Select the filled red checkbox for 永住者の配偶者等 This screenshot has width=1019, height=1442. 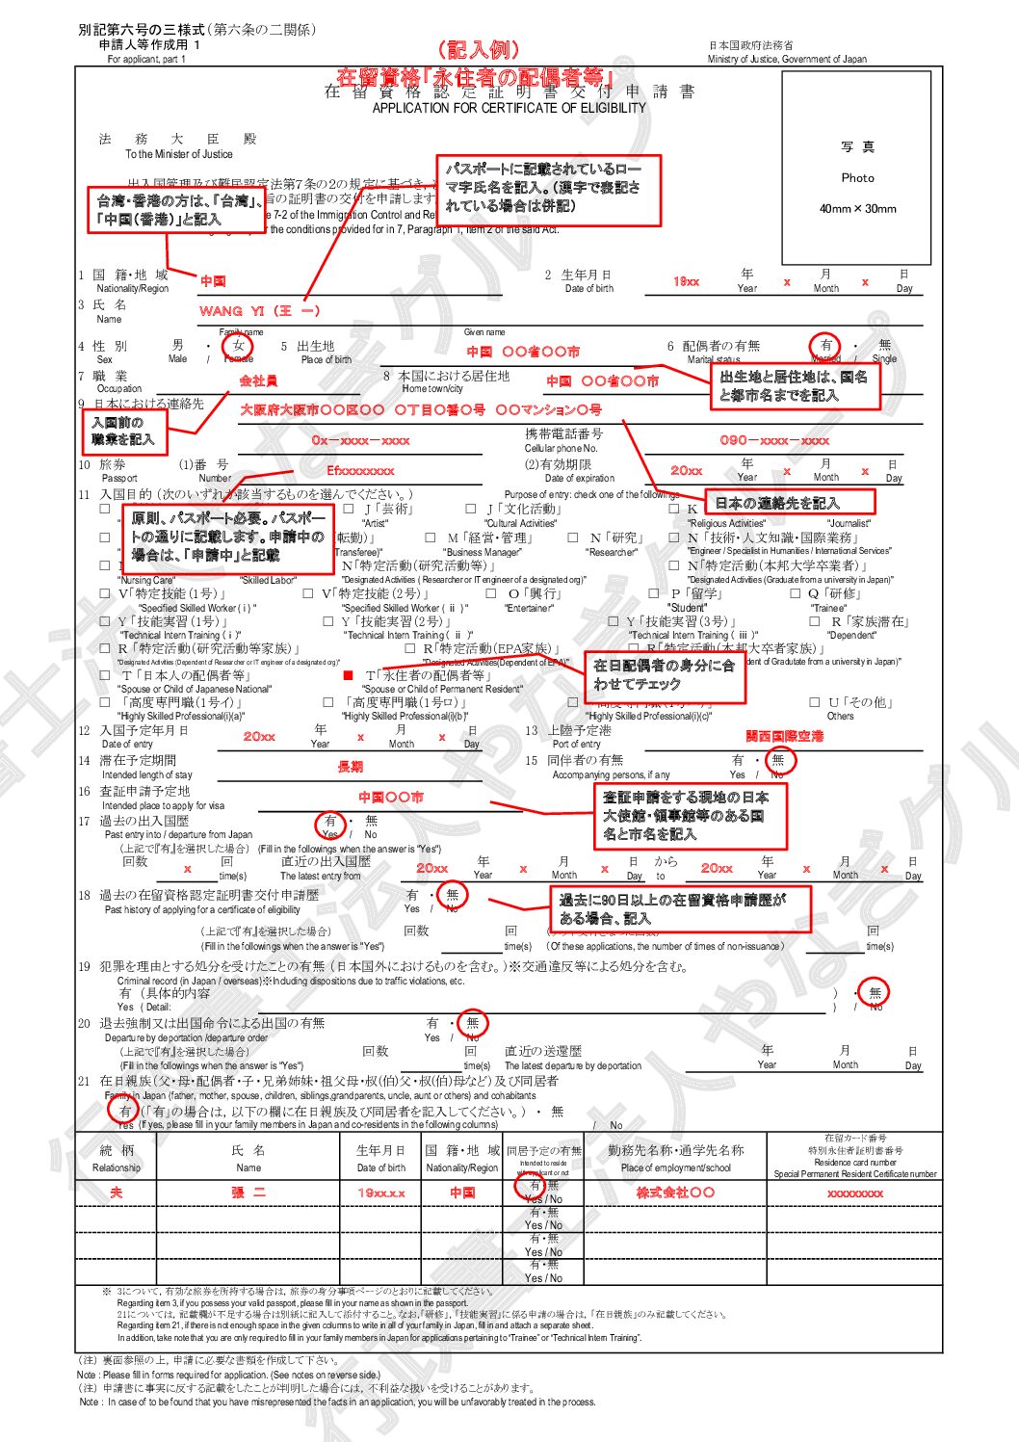(x=349, y=675)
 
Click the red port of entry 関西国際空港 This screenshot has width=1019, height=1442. (x=784, y=736)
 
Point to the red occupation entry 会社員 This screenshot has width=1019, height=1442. (x=258, y=381)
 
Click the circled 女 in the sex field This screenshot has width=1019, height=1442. (x=238, y=346)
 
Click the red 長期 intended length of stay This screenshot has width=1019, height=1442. (x=350, y=767)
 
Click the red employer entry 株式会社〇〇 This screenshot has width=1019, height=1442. (x=675, y=1193)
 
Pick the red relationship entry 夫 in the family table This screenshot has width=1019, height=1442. (x=116, y=1193)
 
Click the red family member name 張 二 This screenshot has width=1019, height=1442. (x=248, y=1193)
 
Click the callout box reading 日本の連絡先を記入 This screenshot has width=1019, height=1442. (x=790, y=503)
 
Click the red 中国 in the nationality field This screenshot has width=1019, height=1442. (x=213, y=281)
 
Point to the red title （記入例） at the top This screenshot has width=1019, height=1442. (x=477, y=50)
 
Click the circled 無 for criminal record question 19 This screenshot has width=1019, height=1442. (x=875, y=992)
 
